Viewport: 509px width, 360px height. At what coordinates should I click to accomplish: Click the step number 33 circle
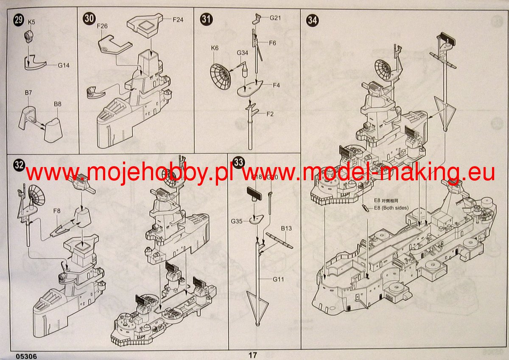tap(239, 162)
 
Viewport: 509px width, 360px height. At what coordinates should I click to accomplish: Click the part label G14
tap(64, 65)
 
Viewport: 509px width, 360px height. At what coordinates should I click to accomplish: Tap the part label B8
tap(58, 104)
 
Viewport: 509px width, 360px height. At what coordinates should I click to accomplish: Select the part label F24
tap(178, 20)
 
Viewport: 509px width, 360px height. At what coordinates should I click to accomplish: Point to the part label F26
tap(102, 26)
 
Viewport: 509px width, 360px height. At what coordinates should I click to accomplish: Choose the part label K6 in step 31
tap(215, 48)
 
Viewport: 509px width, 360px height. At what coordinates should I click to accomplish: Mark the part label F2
tap(270, 114)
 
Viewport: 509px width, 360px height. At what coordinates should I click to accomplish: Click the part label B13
tap(287, 229)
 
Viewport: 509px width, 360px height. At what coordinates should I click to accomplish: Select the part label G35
tap(237, 221)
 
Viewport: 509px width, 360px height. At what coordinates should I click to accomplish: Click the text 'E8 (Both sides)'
tap(391, 208)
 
